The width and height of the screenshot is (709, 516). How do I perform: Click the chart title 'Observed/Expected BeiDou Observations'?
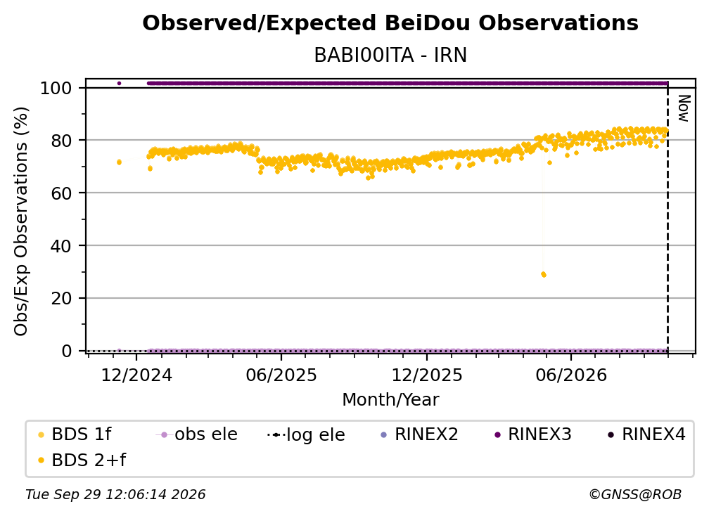pos(390,23)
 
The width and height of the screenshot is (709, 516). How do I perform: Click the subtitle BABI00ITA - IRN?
pos(390,55)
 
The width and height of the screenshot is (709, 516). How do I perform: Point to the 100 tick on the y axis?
pos(56,88)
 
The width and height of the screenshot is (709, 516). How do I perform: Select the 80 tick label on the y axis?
pos(61,141)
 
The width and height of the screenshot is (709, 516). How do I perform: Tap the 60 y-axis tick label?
pos(61,193)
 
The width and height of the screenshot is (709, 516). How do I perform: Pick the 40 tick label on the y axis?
pos(61,246)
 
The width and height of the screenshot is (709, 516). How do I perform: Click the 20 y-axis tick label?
pos(61,299)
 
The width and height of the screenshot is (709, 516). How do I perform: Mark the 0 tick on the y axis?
pos(67,351)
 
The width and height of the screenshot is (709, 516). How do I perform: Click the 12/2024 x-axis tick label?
pos(136,375)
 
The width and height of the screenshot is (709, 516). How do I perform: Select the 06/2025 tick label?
pos(281,375)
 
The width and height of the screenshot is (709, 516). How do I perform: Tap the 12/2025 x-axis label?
pos(427,375)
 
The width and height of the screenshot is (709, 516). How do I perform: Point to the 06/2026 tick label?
pos(571,375)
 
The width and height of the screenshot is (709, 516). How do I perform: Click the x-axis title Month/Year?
pos(390,400)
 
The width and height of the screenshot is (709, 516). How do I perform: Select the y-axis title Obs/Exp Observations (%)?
pos(21,221)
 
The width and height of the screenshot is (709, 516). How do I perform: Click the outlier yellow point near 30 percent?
pos(544,274)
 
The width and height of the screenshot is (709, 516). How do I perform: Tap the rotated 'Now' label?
pos(684,108)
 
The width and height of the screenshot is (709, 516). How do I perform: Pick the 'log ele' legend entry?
pos(306,435)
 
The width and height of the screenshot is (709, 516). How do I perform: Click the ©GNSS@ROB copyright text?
pos(635,495)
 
